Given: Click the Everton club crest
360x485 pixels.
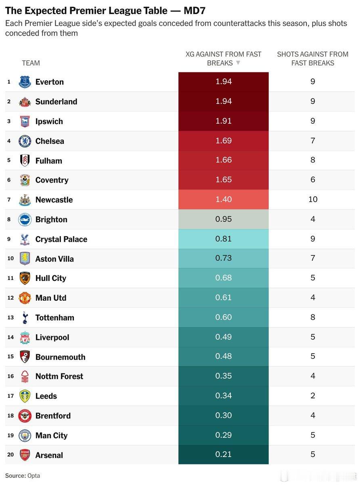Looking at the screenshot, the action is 25,82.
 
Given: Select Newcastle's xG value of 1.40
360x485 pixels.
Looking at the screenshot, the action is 224,199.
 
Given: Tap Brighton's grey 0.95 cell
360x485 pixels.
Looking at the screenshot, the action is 224,219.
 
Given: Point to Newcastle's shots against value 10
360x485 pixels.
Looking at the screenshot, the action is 313,199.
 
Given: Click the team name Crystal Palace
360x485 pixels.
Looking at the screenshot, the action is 61,239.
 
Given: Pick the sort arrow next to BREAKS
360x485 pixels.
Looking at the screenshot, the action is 238,63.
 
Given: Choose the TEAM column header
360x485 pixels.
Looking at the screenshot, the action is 31,63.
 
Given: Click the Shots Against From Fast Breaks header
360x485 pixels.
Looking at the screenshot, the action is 313,59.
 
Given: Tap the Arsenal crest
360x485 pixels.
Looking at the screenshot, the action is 25,455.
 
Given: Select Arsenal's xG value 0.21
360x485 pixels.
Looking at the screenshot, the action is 224,454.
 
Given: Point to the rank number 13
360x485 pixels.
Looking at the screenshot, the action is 10,318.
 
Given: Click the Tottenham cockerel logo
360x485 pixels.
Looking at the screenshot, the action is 25,318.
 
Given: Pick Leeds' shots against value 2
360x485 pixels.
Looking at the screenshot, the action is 313,396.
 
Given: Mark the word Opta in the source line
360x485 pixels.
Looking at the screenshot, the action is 33,476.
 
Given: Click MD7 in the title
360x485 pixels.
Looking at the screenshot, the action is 195,11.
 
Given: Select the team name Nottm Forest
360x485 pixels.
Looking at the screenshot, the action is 59,376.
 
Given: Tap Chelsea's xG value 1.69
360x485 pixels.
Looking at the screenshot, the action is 224,141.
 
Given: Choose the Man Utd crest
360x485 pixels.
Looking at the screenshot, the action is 25,298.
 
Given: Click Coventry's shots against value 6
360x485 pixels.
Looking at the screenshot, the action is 313,180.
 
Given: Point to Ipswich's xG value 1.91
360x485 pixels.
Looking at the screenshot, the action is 224,121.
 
